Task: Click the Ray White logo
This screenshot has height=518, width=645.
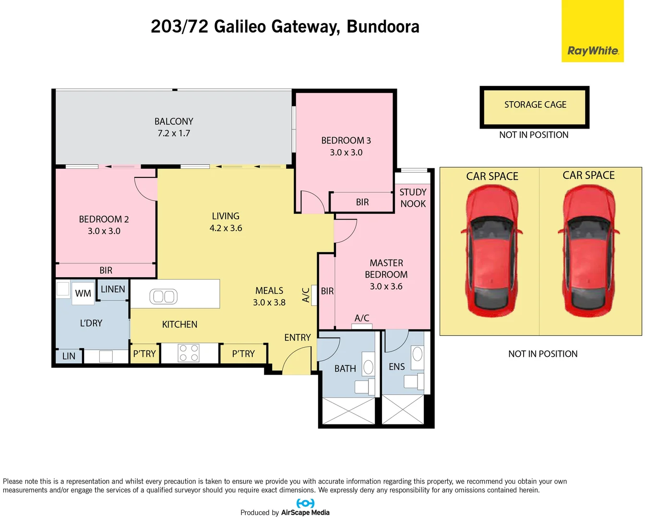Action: click(x=593, y=50)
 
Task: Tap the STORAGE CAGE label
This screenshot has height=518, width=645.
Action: click(x=535, y=105)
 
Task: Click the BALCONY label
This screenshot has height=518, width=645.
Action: click(x=174, y=121)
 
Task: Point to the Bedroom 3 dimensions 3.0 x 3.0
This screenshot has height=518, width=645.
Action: click(x=346, y=153)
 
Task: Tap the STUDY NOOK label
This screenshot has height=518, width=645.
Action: click(x=413, y=198)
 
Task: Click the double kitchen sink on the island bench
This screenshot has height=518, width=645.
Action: click(x=164, y=296)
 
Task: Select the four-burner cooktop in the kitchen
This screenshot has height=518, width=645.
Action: click(x=189, y=353)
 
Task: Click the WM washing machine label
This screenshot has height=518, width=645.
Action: click(x=83, y=294)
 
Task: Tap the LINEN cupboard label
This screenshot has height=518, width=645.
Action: click(x=113, y=289)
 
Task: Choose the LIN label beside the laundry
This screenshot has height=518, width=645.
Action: click(x=69, y=356)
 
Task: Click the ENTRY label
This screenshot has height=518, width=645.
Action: click(x=298, y=338)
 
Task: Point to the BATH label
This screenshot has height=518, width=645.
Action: click(x=345, y=368)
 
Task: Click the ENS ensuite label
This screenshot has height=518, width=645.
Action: click(x=397, y=366)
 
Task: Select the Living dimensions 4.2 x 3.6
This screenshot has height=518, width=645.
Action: click(x=226, y=228)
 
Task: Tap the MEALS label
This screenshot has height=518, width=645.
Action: click(x=269, y=291)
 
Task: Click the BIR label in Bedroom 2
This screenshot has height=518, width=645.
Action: click(x=106, y=271)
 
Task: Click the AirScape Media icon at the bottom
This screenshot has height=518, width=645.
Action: click(x=305, y=503)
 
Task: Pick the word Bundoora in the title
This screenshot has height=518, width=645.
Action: click(x=383, y=27)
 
